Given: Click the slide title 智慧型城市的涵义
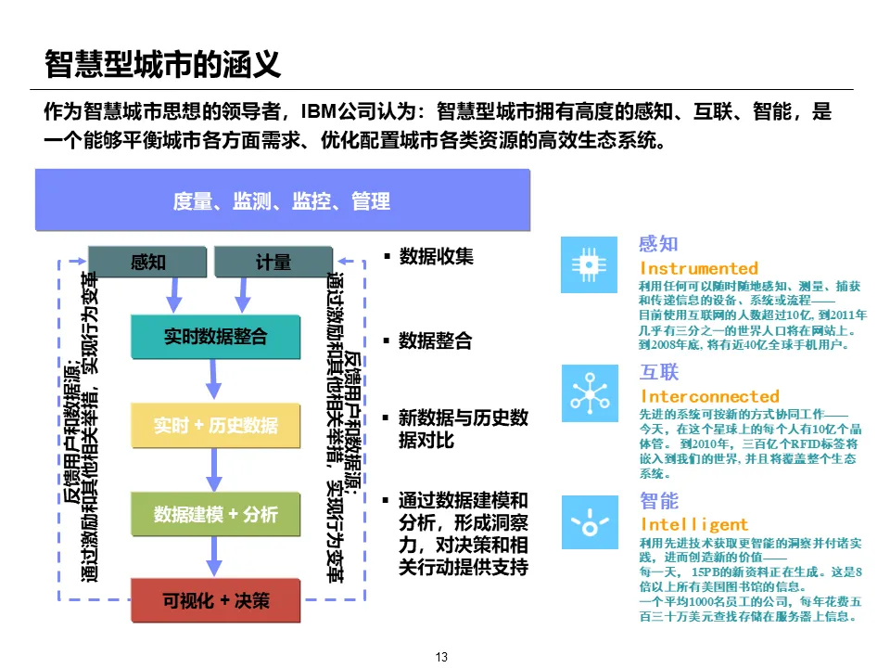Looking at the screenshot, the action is [162, 65].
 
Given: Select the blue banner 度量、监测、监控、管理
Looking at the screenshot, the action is [282, 200].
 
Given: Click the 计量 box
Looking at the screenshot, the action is [273, 263].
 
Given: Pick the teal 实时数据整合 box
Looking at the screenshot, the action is [215, 338].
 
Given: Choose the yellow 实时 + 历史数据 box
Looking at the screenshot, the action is [215, 426].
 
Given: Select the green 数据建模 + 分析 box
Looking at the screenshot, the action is [215, 514].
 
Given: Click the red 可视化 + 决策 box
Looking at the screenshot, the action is [215, 600].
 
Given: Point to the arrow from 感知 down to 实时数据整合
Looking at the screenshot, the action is [172, 295].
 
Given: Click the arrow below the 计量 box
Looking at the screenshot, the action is [243, 295].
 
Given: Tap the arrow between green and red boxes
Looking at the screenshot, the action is [215, 557].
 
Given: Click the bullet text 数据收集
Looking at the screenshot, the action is [436, 256].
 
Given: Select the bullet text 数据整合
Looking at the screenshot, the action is [435, 341].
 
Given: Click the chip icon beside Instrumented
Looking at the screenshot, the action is [589, 264].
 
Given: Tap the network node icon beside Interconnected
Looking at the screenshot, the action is [589, 392].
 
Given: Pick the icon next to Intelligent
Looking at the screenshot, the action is [589, 521].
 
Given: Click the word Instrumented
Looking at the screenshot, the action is [699, 268].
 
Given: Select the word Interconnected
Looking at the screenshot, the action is [710, 396].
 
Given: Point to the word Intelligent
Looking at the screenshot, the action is [694, 524].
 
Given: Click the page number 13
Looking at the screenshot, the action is [441, 657].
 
